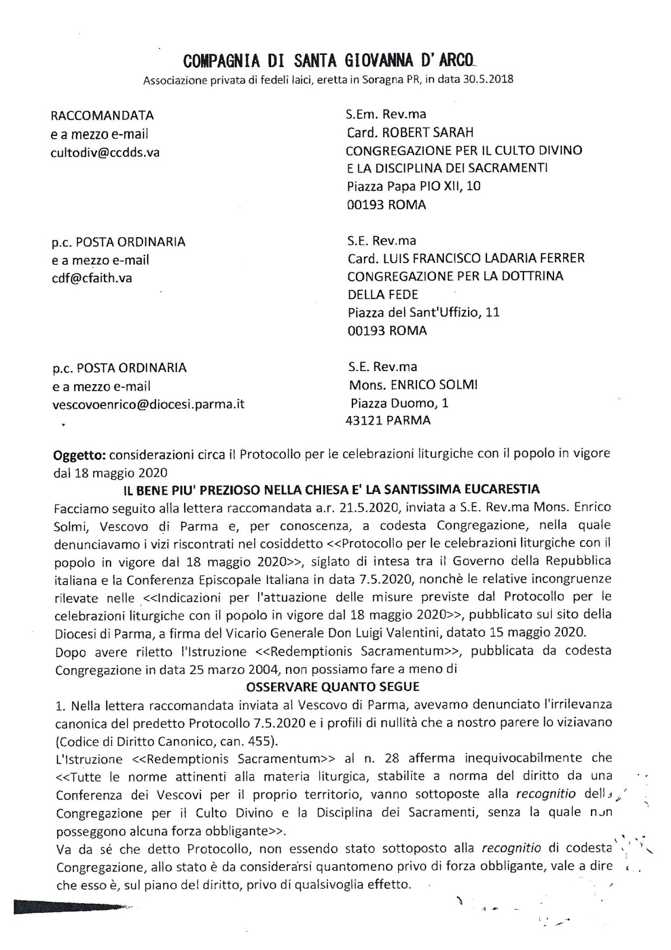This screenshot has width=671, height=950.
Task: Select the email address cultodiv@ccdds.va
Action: coord(105,152)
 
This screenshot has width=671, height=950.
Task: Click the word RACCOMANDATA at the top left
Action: coord(102,115)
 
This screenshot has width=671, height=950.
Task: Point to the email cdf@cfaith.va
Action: coord(92,278)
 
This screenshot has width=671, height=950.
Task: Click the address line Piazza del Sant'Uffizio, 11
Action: coord(423,312)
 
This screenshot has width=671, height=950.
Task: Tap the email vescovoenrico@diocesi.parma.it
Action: coord(148,404)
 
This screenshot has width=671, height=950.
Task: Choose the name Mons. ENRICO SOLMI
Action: coord(414,385)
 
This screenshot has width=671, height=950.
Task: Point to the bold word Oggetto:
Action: coord(79,454)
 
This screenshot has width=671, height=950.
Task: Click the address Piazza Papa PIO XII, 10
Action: coord(414,186)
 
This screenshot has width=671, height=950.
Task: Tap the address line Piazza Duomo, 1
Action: coord(399,403)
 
